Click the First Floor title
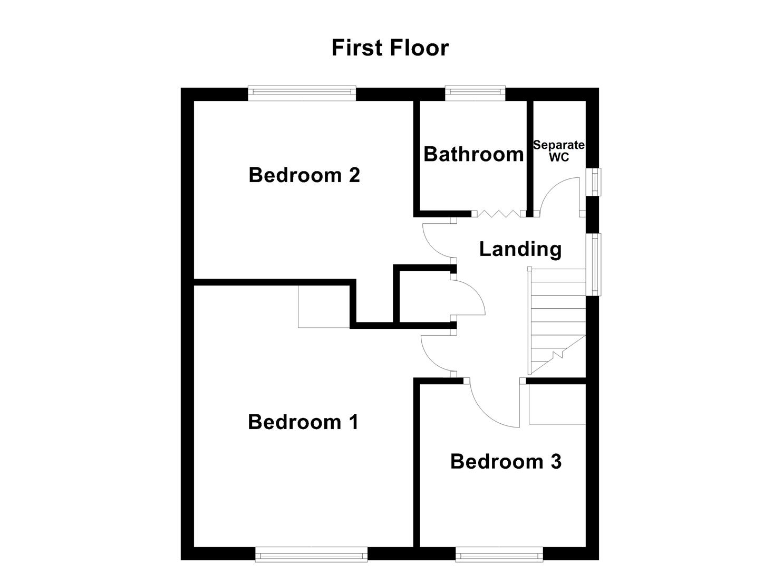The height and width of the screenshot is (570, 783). (x=390, y=47)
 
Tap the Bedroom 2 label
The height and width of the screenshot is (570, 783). (x=304, y=175)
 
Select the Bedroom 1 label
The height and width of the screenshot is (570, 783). (x=303, y=422)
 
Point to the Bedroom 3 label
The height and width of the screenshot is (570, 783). (x=506, y=461)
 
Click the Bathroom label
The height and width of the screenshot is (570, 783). (x=473, y=154)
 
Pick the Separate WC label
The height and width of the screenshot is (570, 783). (x=559, y=151)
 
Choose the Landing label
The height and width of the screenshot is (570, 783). (x=520, y=249)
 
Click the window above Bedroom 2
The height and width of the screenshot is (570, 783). (x=302, y=93)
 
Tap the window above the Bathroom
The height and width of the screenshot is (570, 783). (x=475, y=93)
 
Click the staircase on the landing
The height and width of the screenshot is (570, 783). (x=558, y=322)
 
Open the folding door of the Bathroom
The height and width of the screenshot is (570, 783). (x=498, y=214)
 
